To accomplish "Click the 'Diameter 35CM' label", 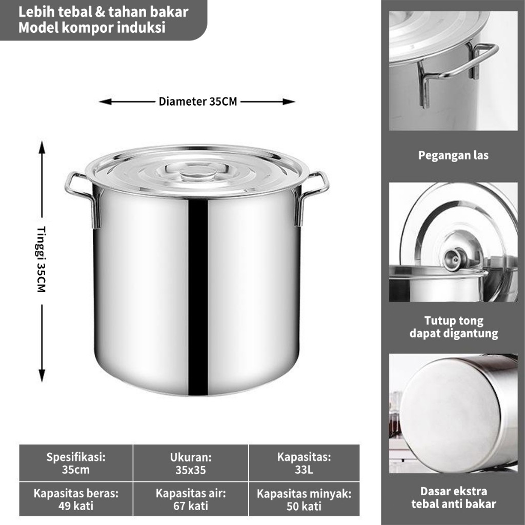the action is [198, 102].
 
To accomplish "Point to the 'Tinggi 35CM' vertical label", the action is [42, 259].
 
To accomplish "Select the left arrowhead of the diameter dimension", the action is [105, 102].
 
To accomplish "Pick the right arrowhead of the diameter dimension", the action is [289, 102].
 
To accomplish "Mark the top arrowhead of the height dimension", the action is [42, 147].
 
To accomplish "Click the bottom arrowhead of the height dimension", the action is [42, 375].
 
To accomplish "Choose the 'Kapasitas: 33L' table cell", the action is [304, 463].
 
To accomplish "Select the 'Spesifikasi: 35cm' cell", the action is [76, 463].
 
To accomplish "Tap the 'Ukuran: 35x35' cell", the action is [191, 463].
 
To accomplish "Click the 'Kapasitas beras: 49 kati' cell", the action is [76, 499].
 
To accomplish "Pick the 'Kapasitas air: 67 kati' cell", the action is [191, 499].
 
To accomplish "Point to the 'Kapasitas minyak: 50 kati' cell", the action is [304, 499].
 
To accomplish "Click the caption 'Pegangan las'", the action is [453, 155].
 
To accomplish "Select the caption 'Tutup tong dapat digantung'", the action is [454, 327].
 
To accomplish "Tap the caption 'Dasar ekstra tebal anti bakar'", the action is [454, 497].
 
